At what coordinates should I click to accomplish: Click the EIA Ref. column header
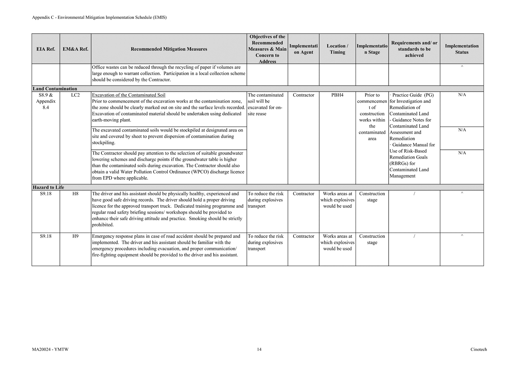point(46,49)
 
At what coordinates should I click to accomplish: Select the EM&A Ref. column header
point(75,49)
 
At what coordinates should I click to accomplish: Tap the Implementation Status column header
point(462,49)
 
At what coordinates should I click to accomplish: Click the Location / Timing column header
point(337,49)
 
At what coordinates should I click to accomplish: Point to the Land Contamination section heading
point(55,89)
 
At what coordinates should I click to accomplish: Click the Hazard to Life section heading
point(48,188)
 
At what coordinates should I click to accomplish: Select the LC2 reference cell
point(75,95)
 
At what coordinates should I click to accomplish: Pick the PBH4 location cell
point(337,95)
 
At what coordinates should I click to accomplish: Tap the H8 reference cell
point(75,194)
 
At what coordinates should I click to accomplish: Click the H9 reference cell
point(75,236)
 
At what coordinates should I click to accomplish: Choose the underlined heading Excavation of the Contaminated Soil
point(129,95)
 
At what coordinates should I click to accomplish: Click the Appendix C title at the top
point(99,17)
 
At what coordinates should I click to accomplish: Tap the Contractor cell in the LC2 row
point(303,95)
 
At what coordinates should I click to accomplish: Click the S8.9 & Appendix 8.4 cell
point(46,101)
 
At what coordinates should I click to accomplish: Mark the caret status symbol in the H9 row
point(462,236)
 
